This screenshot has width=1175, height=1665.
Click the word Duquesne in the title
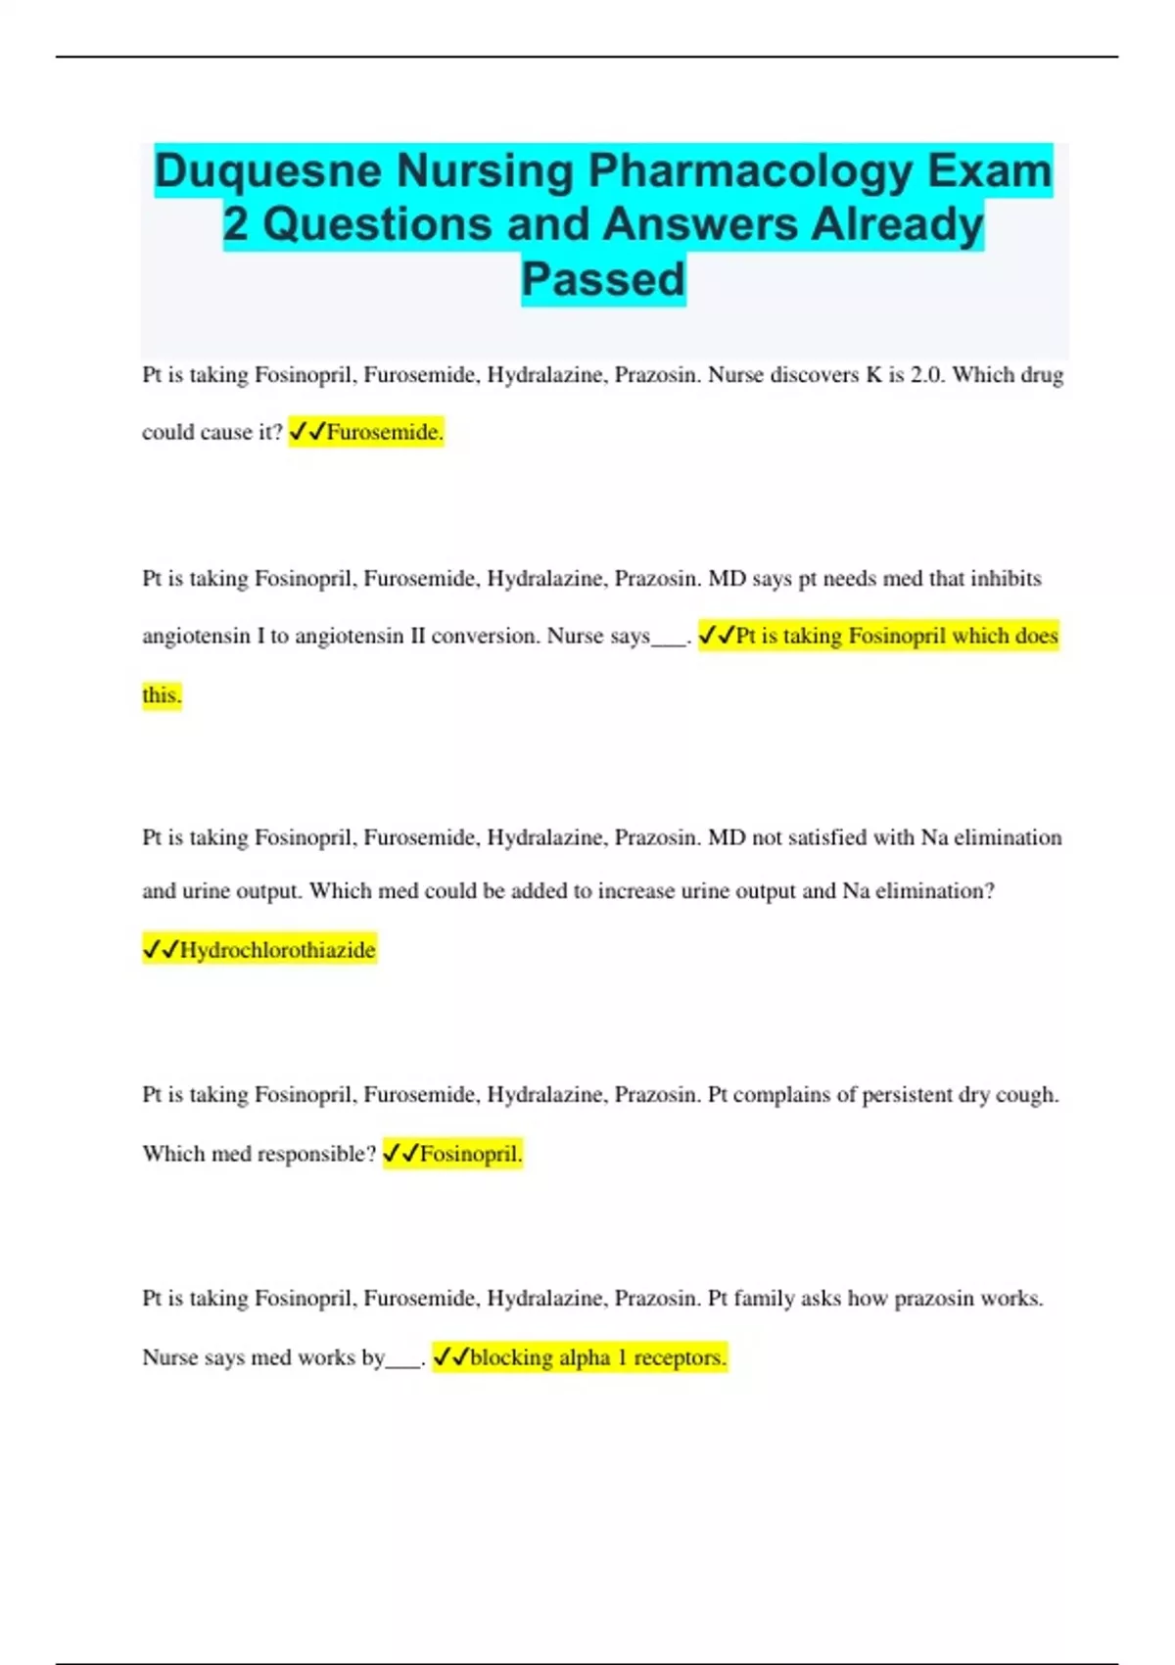pyautogui.click(x=267, y=171)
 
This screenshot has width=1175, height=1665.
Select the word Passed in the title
pyautogui.click(x=603, y=279)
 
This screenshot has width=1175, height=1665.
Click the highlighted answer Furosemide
pyautogui.click(x=385, y=432)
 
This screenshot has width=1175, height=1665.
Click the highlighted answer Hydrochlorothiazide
pyautogui.click(x=277, y=950)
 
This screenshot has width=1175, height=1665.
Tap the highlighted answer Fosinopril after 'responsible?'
pyautogui.click(x=470, y=1154)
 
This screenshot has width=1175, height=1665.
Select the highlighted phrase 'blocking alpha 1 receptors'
pyautogui.click(x=597, y=1357)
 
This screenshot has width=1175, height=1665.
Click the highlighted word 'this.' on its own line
pyautogui.click(x=162, y=695)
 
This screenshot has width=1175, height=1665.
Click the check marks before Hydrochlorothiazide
pyautogui.click(x=161, y=950)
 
